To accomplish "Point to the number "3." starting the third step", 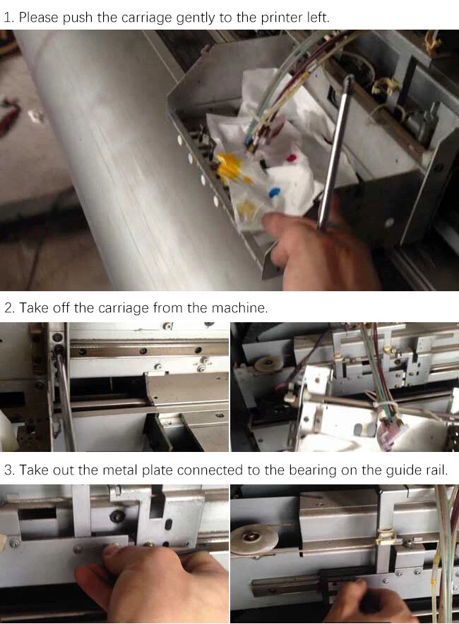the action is [10, 470].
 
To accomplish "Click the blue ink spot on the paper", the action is [274, 192].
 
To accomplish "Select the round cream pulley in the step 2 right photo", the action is [269, 362].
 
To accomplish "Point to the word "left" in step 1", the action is [317, 18].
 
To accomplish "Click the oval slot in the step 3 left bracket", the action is [168, 524].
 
